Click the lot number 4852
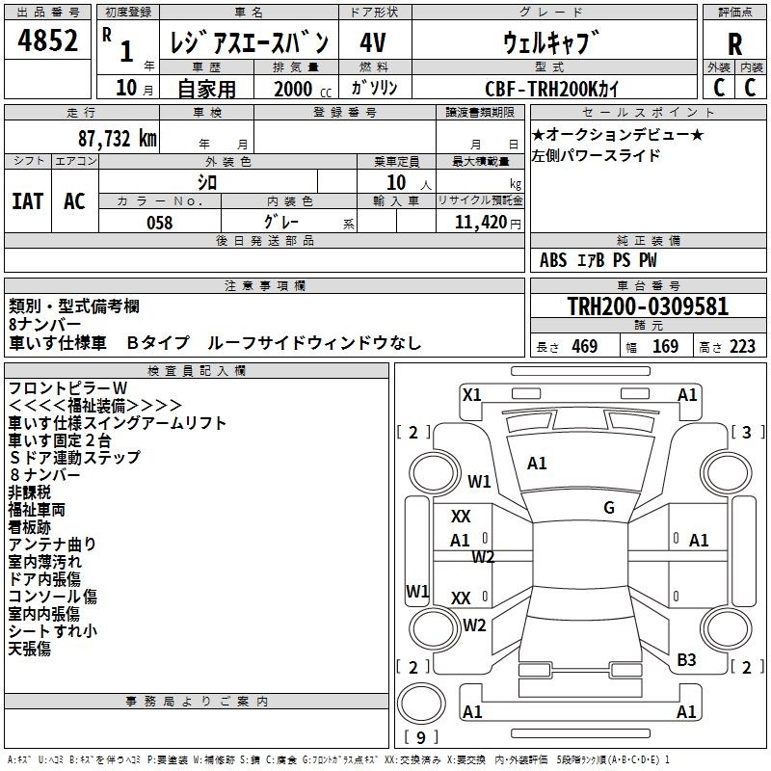[x=47, y=40]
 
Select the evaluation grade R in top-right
[x=734, y=44]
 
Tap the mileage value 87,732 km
[x=118, y=139]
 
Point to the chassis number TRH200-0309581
[x=648, y=306]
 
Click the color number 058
[x=159, y=223]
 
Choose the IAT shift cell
[x=28, y=201]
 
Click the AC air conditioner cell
[x=74, y=201]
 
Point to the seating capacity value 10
[x=396, y=183]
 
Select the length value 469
[x=584, y=347]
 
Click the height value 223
[x=742, y=347]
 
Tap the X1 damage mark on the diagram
[x=471, y=395]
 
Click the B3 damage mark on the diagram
[x=686, y=660]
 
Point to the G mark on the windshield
[x=609, y=508]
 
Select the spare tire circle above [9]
[x=421, y=704]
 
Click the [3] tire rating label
[x=747, y=433]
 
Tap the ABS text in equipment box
[x=553, y=260]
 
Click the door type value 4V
[x=373, y=42]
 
